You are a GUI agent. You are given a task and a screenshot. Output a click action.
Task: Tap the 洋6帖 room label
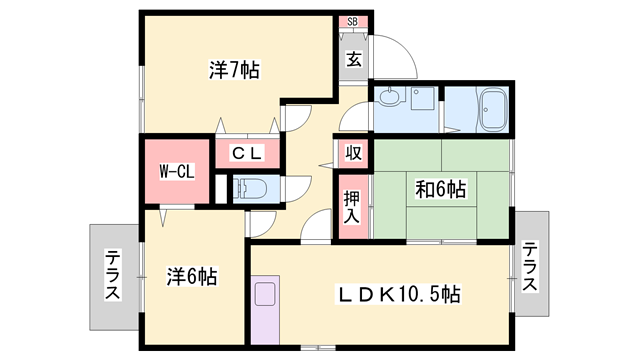pos(193,276)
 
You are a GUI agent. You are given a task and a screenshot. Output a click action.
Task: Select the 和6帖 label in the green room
pos(440,187)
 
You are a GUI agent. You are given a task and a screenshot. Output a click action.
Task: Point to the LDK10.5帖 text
pos(398,295)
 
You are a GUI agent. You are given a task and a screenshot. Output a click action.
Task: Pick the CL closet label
pos(246,153)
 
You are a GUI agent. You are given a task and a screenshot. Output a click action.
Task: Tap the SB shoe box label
pos(353,21)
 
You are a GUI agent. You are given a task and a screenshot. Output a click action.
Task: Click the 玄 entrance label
pos(354,59)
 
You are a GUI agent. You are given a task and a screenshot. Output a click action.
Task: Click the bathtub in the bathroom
pos(492,111)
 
